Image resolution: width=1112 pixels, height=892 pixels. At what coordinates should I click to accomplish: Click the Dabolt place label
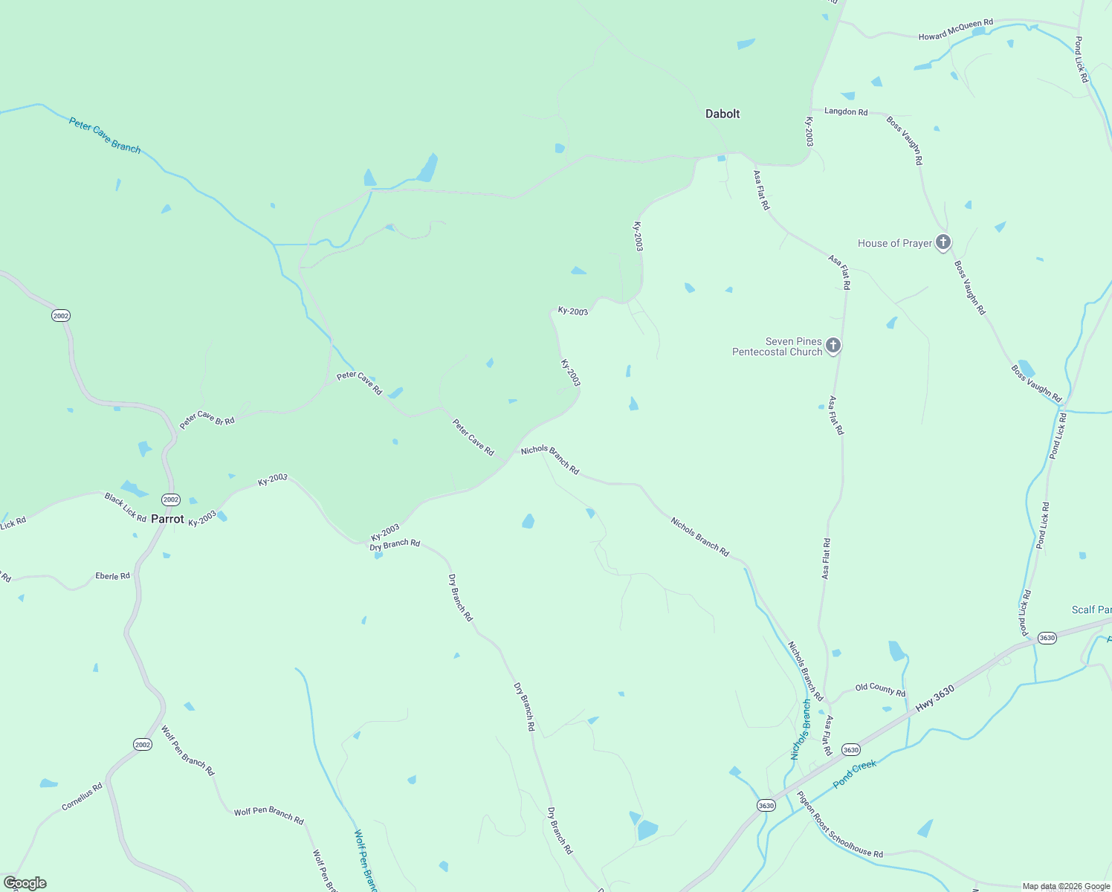click(723, 114)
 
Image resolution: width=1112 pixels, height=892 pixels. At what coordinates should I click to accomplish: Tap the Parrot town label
click(167, 519)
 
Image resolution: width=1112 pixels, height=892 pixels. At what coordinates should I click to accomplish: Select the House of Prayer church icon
click(943, 242)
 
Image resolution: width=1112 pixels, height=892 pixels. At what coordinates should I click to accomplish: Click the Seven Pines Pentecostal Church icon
click(833, 345)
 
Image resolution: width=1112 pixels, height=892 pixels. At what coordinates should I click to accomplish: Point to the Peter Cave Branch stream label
click(105, 135)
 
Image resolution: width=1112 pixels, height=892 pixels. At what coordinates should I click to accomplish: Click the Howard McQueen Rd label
click(956, 30)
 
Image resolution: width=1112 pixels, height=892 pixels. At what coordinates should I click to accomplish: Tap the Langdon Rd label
click(846, 111)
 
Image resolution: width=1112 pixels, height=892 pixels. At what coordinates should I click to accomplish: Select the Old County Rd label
click(880, 690)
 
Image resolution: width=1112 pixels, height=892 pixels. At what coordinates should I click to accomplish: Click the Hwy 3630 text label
click(934, 699)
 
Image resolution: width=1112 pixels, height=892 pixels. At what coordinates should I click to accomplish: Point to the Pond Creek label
click(855, 775)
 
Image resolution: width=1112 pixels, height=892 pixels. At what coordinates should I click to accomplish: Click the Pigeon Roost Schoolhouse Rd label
click(840, 824)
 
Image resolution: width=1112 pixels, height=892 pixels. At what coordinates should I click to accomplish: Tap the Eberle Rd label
click(112, 576)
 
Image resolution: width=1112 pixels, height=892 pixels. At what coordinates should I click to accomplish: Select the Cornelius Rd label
click(82, 797)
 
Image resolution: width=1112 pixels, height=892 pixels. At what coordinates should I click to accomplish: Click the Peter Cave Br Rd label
click(207, 419)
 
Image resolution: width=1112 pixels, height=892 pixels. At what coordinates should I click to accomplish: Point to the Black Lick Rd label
click(125, 507)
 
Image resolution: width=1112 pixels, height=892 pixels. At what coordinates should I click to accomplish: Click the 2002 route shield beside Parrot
click(171, 500)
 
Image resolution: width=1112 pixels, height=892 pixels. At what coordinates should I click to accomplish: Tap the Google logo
click(25, 883)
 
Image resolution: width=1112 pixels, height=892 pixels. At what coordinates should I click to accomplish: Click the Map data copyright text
click(1066, 886)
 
